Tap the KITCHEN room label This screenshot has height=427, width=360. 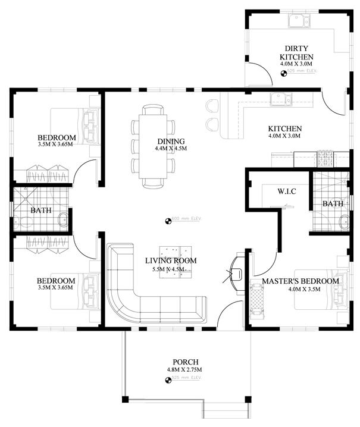pyautogui.click(x=285, y=128)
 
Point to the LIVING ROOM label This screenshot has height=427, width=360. pyautogui.click(x=171, y=260)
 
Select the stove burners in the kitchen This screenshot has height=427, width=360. pyautogui.click(x=326, y=158)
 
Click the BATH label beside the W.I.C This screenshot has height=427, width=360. pyautogui.click(x=333, y=204)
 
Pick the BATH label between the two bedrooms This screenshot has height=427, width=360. pyautogui.click(x=41, y=211)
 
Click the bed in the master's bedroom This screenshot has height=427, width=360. pyautogui.click(x=321, y=294)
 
